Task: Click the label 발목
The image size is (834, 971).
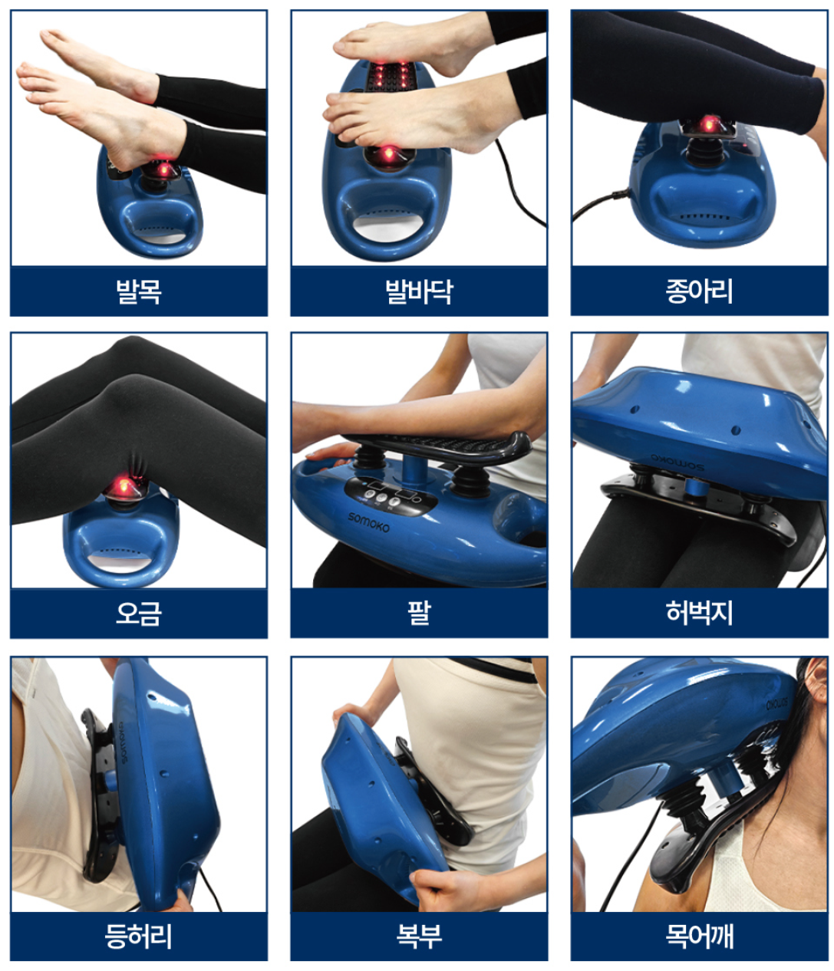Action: click(139, 291)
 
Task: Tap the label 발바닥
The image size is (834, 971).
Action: click(419, 291)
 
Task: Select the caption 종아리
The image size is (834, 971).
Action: click(699, 291)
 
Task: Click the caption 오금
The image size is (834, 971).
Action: click(139, 613)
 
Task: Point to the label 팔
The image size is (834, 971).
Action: click(419, 613)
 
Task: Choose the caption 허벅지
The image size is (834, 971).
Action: click(699, 613)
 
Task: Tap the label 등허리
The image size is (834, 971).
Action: click(139, 936)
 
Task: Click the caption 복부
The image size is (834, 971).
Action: click(419, 936)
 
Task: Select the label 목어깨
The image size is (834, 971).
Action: click(699, 936)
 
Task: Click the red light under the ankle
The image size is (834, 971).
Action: click(163, 169)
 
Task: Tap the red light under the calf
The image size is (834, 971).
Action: click(707, 125)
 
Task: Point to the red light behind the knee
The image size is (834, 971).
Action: click(123, 486)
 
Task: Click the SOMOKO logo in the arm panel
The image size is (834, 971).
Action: click(368, 522)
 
